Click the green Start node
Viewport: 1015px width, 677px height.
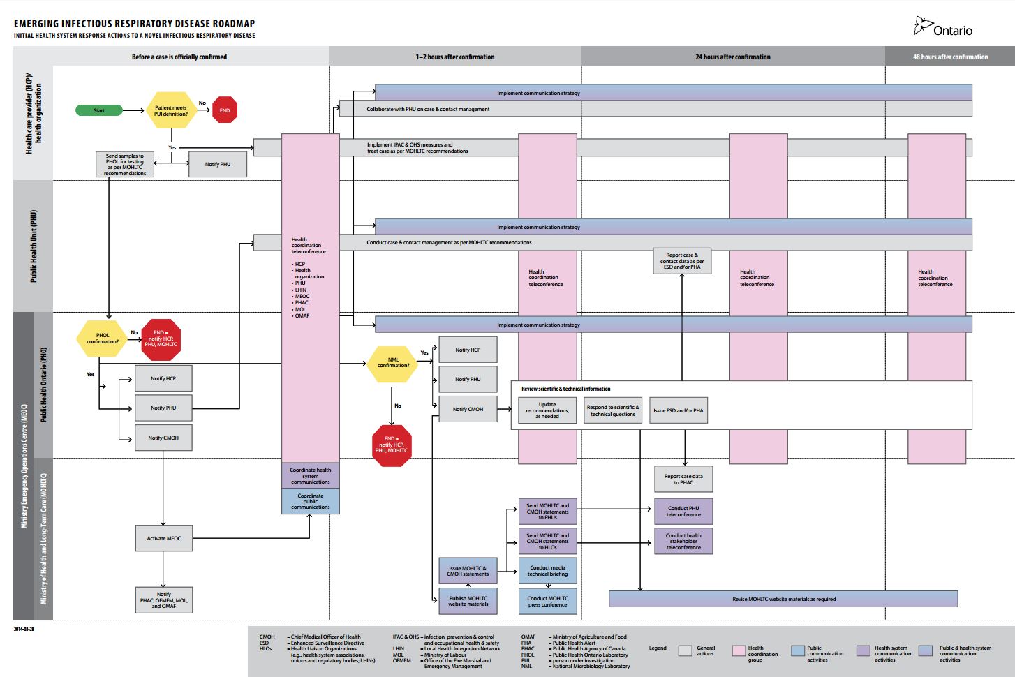[99, 110]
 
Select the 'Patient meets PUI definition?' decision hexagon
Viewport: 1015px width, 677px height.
[171, 111]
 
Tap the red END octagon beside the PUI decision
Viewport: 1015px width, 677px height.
[225, 110]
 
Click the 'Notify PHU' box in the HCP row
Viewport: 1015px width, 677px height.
[218, 164]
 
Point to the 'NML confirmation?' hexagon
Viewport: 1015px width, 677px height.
[393, 363]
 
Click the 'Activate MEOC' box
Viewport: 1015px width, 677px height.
[164, 538]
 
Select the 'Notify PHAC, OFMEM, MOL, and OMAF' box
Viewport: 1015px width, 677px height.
[164, 600]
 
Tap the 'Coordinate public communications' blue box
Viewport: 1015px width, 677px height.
[311, 501]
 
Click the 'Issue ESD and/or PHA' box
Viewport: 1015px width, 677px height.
[679, 410]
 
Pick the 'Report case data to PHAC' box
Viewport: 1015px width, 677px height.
[683, 479]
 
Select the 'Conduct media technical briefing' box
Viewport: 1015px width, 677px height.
[548, 571]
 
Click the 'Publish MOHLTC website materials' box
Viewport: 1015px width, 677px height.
[468, 601]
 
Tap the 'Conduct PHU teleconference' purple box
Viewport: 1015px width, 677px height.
[683, 512]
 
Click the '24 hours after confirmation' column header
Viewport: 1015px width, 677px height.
[733, 57]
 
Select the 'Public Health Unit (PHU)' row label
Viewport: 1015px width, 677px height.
[34, 246]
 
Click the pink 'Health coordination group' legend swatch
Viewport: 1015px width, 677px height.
[739, 650]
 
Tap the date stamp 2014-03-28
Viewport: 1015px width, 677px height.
[24, 629]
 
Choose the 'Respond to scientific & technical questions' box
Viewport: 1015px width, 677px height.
[613, 410]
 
